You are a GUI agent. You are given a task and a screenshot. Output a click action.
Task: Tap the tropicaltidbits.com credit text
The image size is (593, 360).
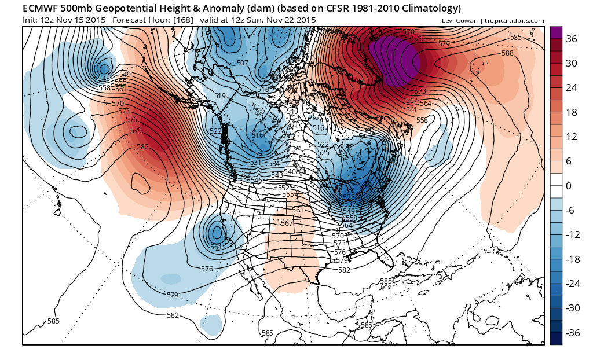[x=513, y=20]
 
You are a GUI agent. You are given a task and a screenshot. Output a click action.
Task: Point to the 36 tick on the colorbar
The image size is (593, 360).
[x=572, y=39]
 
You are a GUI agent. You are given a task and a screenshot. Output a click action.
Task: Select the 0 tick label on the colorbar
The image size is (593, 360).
[x=569, y=186]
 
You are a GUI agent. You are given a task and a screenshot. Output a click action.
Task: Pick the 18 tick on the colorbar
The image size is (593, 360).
[x=572, y=112]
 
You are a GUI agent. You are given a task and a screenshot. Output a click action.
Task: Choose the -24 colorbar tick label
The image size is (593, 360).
[x=573, y=284]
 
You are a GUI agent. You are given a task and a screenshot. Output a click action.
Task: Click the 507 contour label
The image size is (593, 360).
[x=243, y=63]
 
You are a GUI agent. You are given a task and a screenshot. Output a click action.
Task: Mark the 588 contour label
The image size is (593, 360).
[x=507, y=53]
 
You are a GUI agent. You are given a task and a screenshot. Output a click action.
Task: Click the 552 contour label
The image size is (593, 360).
[x=283, y=188]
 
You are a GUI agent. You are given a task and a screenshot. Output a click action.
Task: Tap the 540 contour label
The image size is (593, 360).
[x=290, y=171]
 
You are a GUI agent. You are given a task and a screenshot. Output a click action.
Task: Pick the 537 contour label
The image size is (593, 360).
[x=350, y=204]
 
